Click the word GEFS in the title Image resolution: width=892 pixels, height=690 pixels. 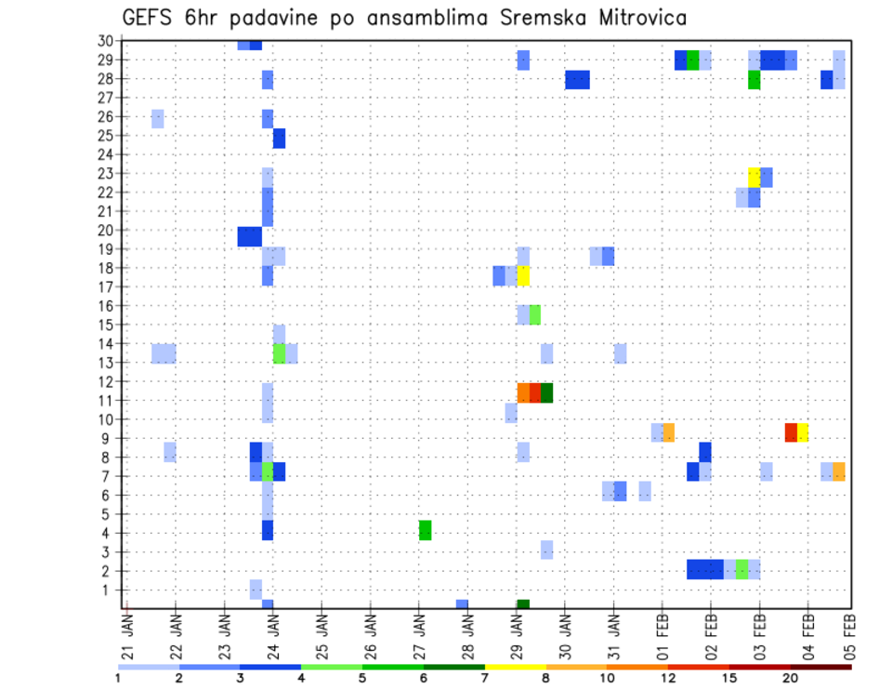click(150, 18)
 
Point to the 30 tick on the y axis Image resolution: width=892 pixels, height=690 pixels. click(104, 40)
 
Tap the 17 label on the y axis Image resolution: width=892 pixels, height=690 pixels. click(104, 286)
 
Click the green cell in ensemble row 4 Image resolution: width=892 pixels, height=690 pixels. click(425, 530)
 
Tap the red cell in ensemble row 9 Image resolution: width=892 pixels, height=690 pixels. click(791, 432)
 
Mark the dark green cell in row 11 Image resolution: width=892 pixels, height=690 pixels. click(546, 392)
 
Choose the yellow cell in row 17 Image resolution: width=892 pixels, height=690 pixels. click(523, 276)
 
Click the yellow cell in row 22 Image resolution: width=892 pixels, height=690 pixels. click(754, 178)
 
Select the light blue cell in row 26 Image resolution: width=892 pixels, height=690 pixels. click(158, 118)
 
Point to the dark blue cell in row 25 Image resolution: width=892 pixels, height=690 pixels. click(279, 139)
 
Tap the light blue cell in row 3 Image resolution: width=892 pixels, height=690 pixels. click(546, 550)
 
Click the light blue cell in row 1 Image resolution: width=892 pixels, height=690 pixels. click(256, 589)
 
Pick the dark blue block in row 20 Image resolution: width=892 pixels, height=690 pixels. click(249, 237)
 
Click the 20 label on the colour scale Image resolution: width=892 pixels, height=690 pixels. click(791, 678)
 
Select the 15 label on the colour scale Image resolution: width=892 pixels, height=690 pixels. click(729, 678)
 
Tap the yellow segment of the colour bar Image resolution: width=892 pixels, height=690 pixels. click(515, 667)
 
